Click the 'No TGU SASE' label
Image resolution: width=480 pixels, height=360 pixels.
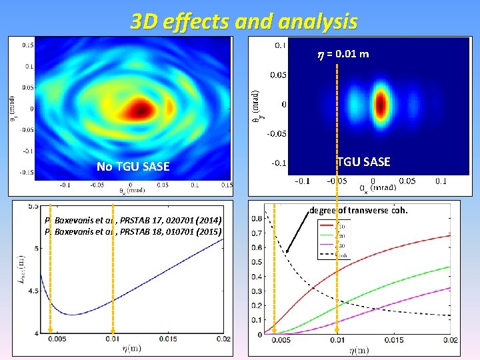[133, 166]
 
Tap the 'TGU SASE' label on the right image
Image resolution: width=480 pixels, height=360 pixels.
[364, 161]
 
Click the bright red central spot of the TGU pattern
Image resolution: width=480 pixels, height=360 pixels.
[381, 103]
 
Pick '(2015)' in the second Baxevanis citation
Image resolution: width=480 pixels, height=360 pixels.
[211, 231]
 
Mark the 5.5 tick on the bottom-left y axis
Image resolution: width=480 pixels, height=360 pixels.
[32, 206]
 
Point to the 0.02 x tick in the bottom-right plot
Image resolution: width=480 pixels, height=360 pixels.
[451, 340]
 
